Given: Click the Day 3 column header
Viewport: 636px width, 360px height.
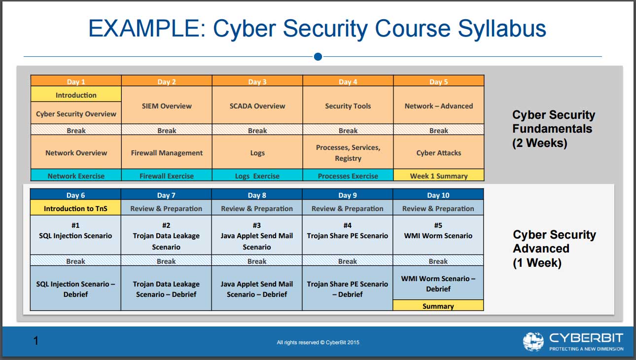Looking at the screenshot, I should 257,81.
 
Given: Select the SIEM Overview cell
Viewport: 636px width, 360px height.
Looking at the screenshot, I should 167,106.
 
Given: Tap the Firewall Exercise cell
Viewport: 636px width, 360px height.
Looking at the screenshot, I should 167,176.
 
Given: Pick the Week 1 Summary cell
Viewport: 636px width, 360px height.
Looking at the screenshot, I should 439,176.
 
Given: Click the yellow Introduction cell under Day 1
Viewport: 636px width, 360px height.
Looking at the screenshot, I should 76,95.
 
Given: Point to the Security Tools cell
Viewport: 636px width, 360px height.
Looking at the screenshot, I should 348,106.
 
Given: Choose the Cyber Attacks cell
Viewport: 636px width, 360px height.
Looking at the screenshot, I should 439,152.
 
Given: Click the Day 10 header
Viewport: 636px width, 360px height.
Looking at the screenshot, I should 438,195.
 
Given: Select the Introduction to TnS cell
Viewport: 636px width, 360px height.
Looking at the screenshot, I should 75,208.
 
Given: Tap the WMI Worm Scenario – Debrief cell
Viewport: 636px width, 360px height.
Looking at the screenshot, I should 438,283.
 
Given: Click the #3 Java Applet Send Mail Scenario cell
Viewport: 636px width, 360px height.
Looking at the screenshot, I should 257,235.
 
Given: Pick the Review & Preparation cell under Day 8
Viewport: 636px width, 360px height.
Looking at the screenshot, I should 257,208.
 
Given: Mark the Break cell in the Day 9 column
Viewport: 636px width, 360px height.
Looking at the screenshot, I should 348,261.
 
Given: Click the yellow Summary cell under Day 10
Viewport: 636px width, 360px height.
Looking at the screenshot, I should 438,306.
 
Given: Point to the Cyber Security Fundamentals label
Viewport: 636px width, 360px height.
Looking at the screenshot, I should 554,129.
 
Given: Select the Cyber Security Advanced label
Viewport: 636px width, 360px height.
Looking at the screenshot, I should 554,248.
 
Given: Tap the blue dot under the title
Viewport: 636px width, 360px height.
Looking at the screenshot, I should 318,57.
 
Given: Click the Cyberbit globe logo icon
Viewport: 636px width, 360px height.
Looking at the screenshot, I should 533,342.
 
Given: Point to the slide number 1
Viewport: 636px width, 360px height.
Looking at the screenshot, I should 35,340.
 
